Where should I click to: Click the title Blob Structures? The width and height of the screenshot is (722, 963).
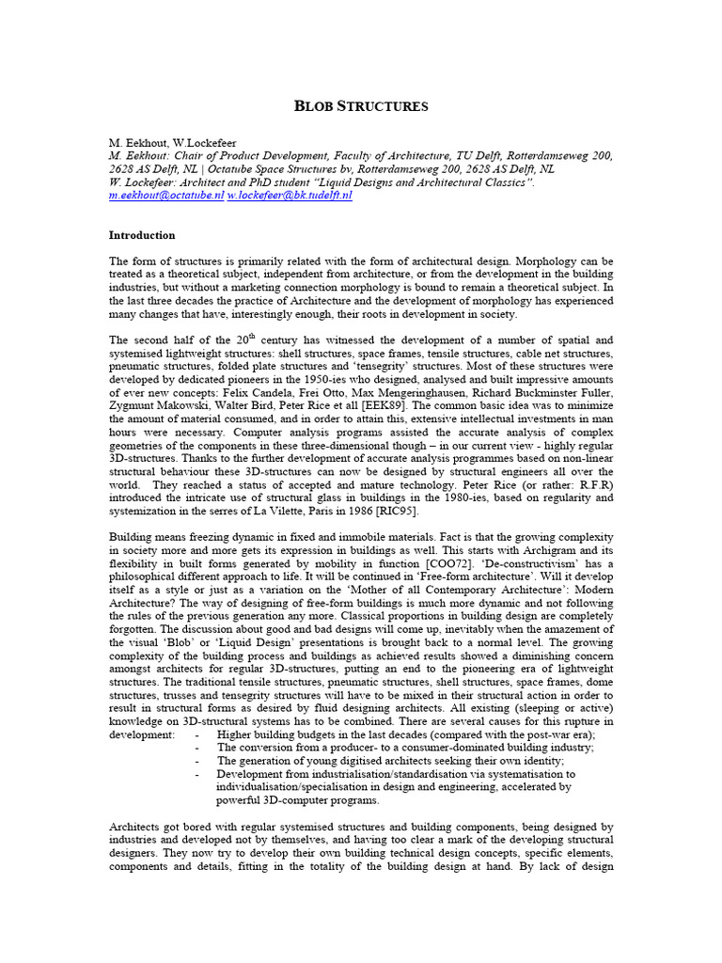pyautogui.click(x=361, y=106)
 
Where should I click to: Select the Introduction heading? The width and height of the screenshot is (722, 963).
pyautogui.click(x=142, y=235)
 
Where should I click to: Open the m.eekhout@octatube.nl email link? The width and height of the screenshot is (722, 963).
pyautogui.click(x=166, y=196)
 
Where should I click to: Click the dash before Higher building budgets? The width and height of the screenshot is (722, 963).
pyautogui.click(x=197, y=734)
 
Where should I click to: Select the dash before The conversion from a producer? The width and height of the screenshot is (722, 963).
pyautogui.click(x=197, y=748)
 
